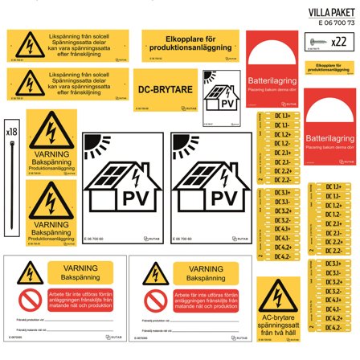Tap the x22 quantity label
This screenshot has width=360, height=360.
point(339,41)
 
